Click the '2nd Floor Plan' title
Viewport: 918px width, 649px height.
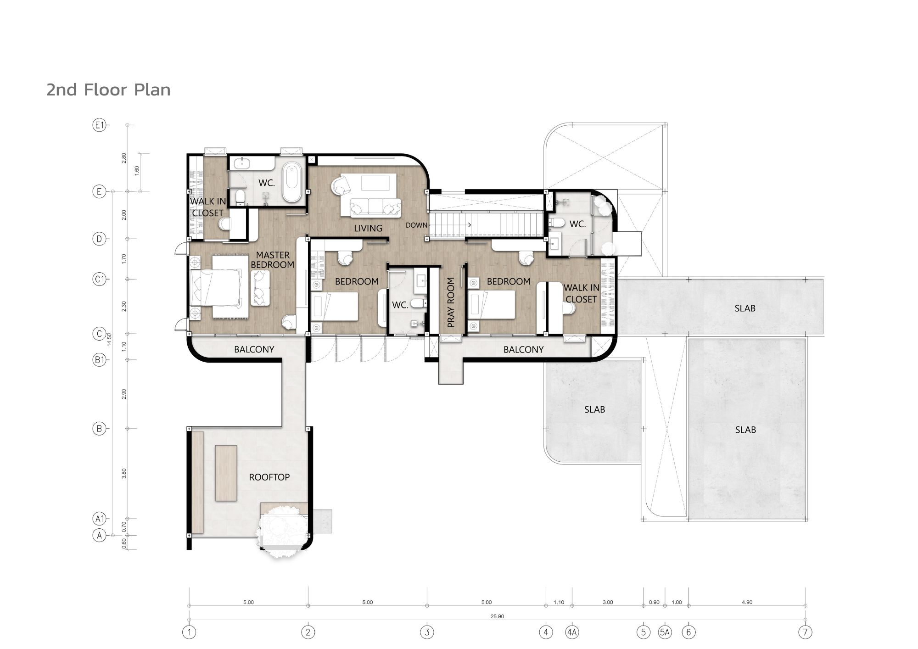[x=108, y=90]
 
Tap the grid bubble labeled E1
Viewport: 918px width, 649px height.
[x=99, y=125]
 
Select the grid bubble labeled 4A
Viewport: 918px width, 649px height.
[x=572, y=632]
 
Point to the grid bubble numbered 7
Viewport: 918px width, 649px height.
[x=806, y=632]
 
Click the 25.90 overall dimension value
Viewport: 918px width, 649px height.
[x=497, y=616]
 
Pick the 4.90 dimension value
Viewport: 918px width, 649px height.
[x=747, y=602]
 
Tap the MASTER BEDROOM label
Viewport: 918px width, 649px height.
[x=273, y=260]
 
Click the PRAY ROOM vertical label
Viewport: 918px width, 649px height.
[x=451, y=302]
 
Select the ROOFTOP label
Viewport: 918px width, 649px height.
[x=269, y=477]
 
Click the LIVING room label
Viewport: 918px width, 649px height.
[x=368, y=228]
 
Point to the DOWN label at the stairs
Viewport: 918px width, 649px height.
[x=416, y=225]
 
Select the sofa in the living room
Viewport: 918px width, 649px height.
[x=376, y=207]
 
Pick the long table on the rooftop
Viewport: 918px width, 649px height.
[x=226, y=473]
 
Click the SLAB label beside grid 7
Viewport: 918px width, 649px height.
[x=745, y=308]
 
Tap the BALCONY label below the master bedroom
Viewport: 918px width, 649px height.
[x=254, y=349]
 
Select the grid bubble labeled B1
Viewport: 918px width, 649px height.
[x=99, y=360]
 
